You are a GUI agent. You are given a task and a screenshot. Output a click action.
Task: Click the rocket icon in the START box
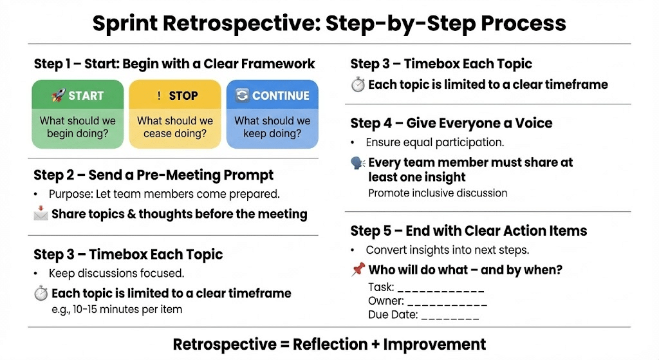[x=59, y=95]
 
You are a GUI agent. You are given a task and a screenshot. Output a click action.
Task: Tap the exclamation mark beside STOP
[x=159, y=96]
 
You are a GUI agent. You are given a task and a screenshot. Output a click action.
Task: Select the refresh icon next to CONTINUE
[x=242, y=95]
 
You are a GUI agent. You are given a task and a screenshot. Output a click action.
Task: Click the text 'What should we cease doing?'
[x=175, y=127]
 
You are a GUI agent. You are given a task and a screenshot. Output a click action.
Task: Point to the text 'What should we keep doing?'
[x=272, y=127]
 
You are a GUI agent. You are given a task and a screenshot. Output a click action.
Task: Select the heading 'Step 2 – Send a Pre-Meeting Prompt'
[x=153, y=175]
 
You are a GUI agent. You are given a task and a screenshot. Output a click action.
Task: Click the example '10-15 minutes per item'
[x=127, y=310]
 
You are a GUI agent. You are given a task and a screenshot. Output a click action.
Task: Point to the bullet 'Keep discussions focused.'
[x=116, y=273]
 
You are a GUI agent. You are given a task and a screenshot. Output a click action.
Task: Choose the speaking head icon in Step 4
[x=358, y=163]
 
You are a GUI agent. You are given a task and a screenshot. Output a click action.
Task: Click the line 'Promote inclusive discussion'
[x=438, y=193]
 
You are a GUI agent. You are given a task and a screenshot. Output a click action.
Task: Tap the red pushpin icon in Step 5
[x=358, y=269]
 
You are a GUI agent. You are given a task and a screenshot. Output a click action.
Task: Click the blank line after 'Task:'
[x=441, y=290]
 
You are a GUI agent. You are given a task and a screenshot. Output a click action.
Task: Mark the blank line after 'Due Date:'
[x=450, y=318]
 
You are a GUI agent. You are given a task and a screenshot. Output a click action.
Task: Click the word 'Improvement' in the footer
[x=434, y=345]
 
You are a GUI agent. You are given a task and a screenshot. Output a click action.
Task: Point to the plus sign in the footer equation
[x=375, y=345]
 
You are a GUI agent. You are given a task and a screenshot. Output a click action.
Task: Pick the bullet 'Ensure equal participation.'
[x=435, y=142]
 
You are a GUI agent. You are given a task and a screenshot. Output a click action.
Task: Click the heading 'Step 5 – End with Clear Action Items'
[x=469, y=231]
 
